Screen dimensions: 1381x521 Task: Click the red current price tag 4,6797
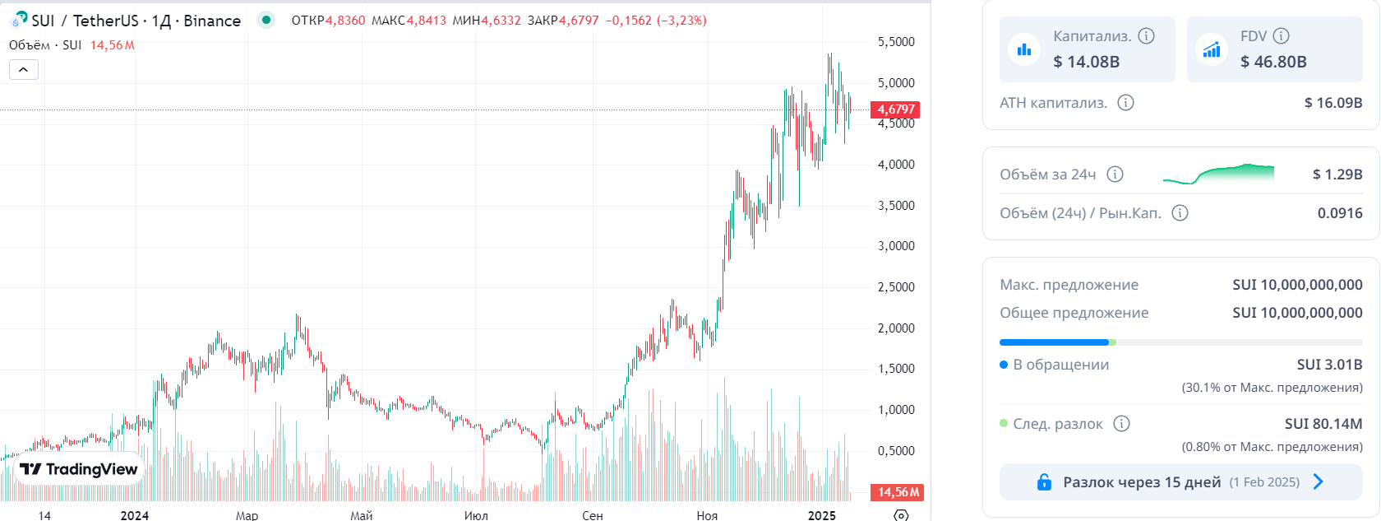tap(895, 110)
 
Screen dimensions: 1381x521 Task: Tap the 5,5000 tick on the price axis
tap(896, 42)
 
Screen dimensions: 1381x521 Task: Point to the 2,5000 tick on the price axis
tap(896, 287)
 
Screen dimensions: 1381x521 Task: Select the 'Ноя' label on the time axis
tap(707, 515)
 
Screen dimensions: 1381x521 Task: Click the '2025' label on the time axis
tap(822, 515)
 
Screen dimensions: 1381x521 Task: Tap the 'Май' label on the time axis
tap(362, 515)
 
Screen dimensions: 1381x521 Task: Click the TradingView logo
tap(78, 470)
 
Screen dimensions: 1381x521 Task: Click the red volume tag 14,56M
tap(898, 492)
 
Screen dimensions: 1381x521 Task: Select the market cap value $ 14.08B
tap(1087, 62)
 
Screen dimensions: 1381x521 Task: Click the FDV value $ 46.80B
tap(1274, 62)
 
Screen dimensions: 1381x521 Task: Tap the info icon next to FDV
tap(1281, 36)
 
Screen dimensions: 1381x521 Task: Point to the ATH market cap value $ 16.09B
tap(1333, 102)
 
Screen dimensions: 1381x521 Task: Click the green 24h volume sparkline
tap(1218, 174)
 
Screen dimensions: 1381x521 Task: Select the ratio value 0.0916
tap(1340, 213)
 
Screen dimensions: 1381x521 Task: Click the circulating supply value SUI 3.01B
tap(1330, 365)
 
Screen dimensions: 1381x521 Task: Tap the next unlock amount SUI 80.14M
tap(1323, 424)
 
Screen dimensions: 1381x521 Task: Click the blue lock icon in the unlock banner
tap(1044, 481)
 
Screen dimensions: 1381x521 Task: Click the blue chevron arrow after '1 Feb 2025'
tap(1319, 481)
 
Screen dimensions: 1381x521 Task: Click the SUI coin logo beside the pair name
tap(19, 20)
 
